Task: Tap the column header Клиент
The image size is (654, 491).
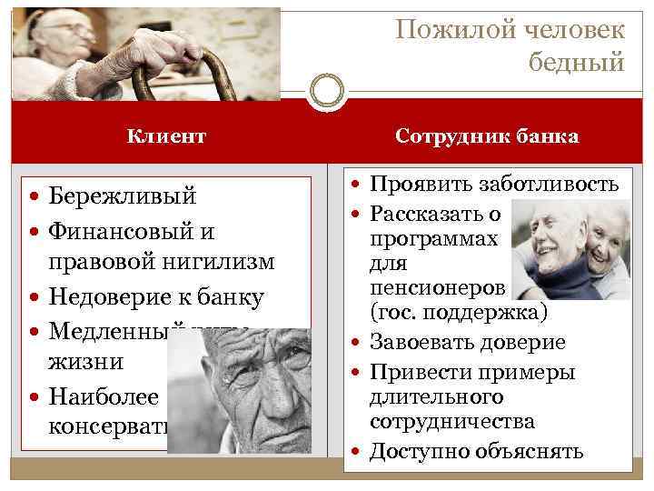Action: click(x=166, y=136)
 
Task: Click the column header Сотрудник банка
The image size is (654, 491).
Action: click(x=487, y=136)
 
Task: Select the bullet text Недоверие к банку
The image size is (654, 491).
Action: click(x=155, y=296)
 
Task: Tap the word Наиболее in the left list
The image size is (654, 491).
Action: click(x=103, y=396)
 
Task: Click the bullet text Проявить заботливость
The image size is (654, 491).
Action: click(x=494, y=185)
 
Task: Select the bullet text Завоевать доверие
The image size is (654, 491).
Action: click(x=467, y=342)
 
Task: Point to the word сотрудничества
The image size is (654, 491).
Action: click(x=451, y=422)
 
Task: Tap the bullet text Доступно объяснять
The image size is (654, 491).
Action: click(x=476, y=451)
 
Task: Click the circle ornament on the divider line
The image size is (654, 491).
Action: click(x=326, y=92)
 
